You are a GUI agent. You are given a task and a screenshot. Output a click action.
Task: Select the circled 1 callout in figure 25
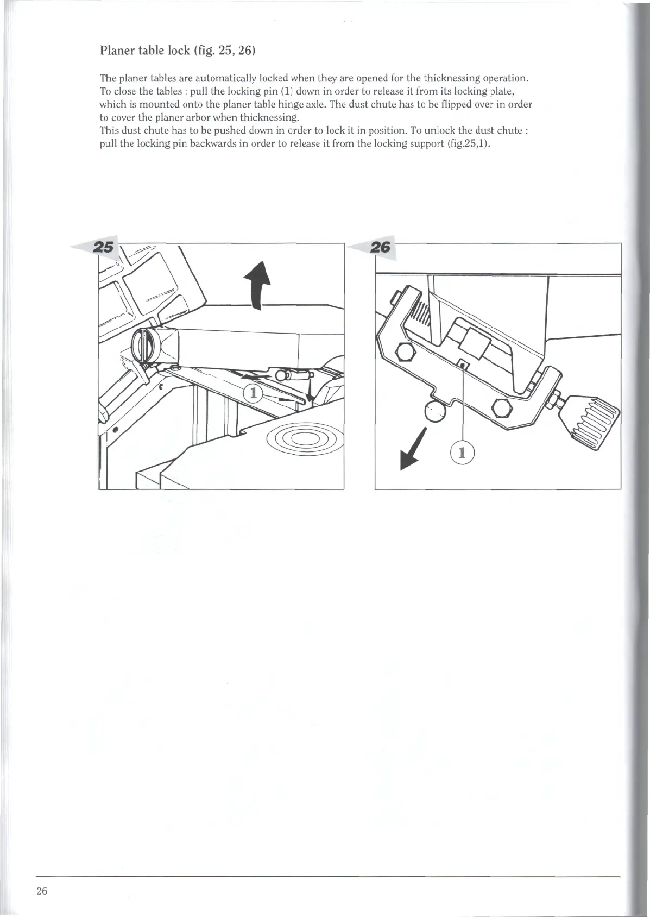click(253, 393)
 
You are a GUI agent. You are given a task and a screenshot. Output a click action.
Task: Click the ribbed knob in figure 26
click(594, 418)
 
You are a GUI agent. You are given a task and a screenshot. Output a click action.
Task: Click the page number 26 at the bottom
click(42, 891)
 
